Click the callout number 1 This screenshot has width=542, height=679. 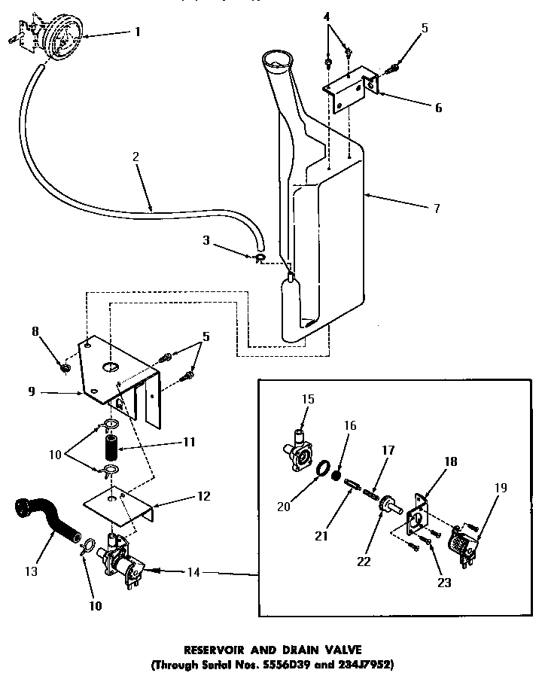tap(138, 32)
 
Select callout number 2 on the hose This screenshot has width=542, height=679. tap(135, 158)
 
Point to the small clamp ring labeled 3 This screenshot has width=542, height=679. tap(259, 259)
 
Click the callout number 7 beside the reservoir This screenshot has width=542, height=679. tap(437, 208)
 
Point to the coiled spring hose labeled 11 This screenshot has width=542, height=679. tap(111, 449)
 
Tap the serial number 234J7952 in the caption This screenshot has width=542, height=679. tap(358, 665)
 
